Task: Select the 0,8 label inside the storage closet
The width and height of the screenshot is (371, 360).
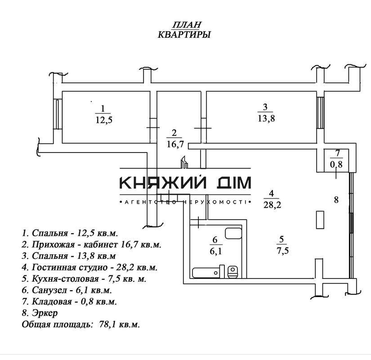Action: tap(336, 164)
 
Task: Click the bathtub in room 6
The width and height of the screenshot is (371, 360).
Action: tap(206, 272)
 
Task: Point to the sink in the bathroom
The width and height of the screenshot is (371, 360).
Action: tap(233, 233)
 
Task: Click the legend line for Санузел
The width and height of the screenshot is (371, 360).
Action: tap(67, 290)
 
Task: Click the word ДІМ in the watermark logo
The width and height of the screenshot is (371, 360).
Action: tap(232, 183)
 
